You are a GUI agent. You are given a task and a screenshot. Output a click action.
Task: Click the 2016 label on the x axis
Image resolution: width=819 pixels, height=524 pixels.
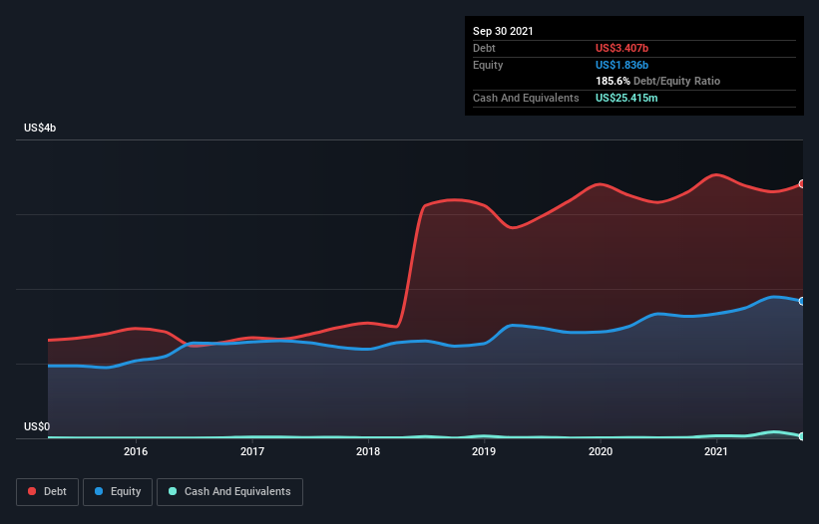coord(136,451)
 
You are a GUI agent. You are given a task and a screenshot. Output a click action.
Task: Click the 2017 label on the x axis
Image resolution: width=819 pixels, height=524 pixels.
coord(252,451)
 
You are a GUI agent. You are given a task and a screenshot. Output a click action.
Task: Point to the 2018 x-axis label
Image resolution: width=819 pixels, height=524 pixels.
coord(368,451)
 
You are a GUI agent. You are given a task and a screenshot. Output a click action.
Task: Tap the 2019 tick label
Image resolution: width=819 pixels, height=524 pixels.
coord(484,451)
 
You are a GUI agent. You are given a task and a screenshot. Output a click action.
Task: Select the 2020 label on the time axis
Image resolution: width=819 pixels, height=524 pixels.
coord(601,451)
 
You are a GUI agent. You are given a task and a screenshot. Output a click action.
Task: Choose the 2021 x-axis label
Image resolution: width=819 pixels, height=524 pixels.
coord(715,451)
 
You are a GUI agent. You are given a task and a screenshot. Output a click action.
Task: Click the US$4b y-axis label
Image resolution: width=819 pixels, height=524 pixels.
coord(41,129)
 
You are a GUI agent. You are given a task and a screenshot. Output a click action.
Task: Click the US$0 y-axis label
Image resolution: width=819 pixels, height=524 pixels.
coord(37,426)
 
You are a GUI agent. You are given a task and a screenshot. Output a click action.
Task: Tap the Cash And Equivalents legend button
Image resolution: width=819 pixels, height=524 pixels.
coord(229,491)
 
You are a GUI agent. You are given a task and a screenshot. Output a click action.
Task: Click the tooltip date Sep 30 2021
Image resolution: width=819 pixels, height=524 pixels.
coord(503,31)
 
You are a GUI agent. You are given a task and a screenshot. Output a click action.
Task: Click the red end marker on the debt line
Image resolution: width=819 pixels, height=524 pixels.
coord(802,184)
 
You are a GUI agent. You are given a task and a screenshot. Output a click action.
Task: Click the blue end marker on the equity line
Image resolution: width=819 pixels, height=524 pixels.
coord(802,301)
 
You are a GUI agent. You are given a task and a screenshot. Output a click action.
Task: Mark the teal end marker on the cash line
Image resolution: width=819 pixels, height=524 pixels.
coord(802,436)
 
